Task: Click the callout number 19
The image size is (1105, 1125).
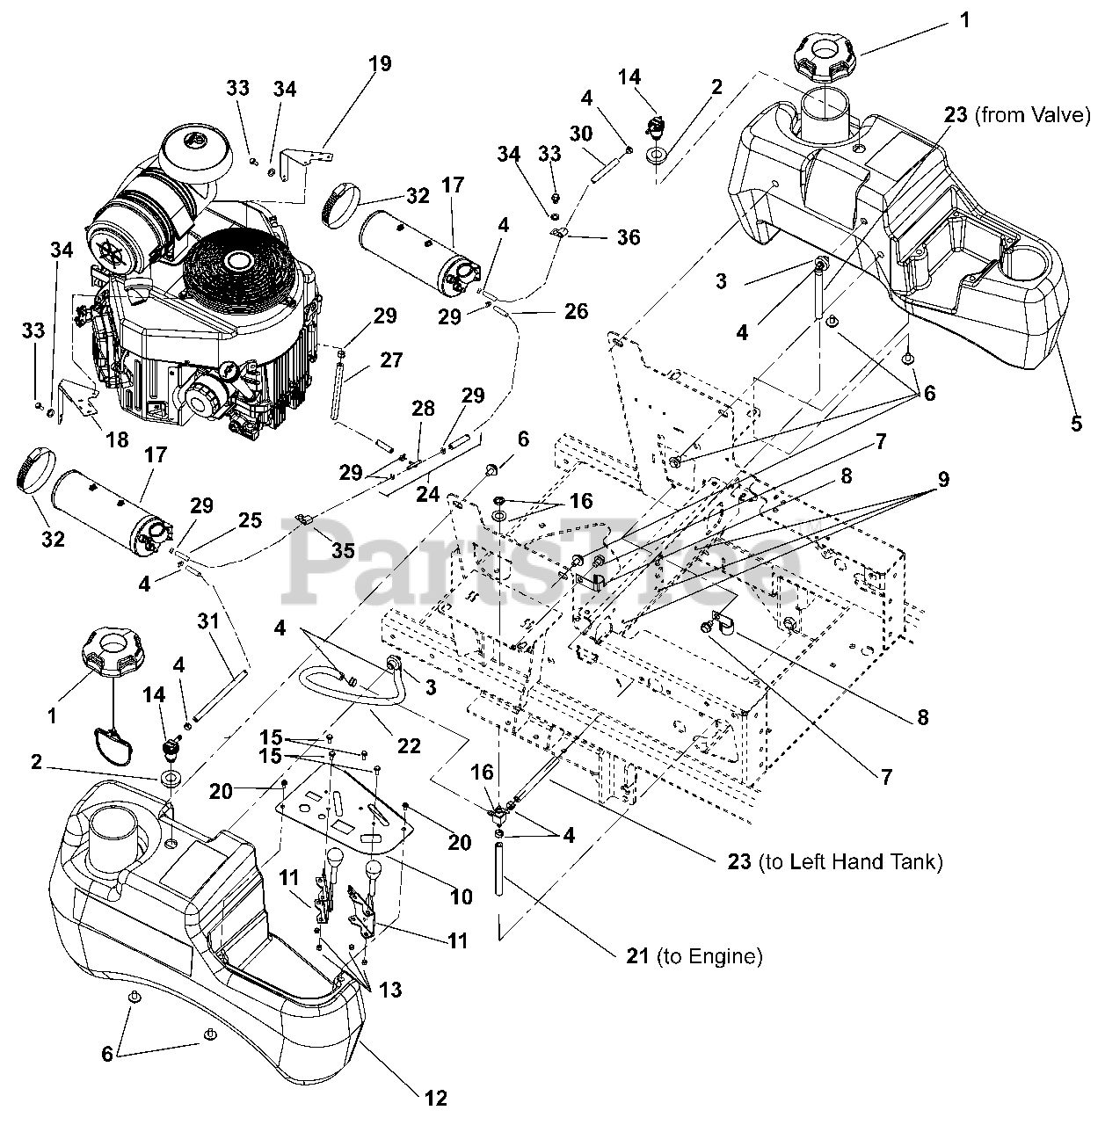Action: [381, 63]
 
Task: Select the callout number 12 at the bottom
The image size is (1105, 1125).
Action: [436, 1098]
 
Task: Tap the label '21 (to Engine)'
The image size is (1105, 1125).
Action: [694, 955]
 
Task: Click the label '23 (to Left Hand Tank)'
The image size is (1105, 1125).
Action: [835, 861]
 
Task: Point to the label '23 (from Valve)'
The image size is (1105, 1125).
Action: [1017, 115]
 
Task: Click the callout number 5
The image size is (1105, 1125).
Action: [1076, 424]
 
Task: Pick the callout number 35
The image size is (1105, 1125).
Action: [343, 550]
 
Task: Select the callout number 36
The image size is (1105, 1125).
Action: [629, 237]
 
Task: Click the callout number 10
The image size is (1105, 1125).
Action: [462, 896]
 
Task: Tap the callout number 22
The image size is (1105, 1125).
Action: [409, 745]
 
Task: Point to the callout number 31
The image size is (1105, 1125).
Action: [208, 621]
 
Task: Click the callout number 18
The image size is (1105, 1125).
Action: [118, 439]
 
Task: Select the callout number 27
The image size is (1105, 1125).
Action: [390, 359]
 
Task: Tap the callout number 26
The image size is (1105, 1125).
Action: [576, 310]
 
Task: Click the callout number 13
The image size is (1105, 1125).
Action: [390, 990]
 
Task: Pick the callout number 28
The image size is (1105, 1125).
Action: [423, 409]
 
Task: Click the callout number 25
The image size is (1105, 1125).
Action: [250, 519]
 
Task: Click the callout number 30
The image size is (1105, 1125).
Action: [580, 134]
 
